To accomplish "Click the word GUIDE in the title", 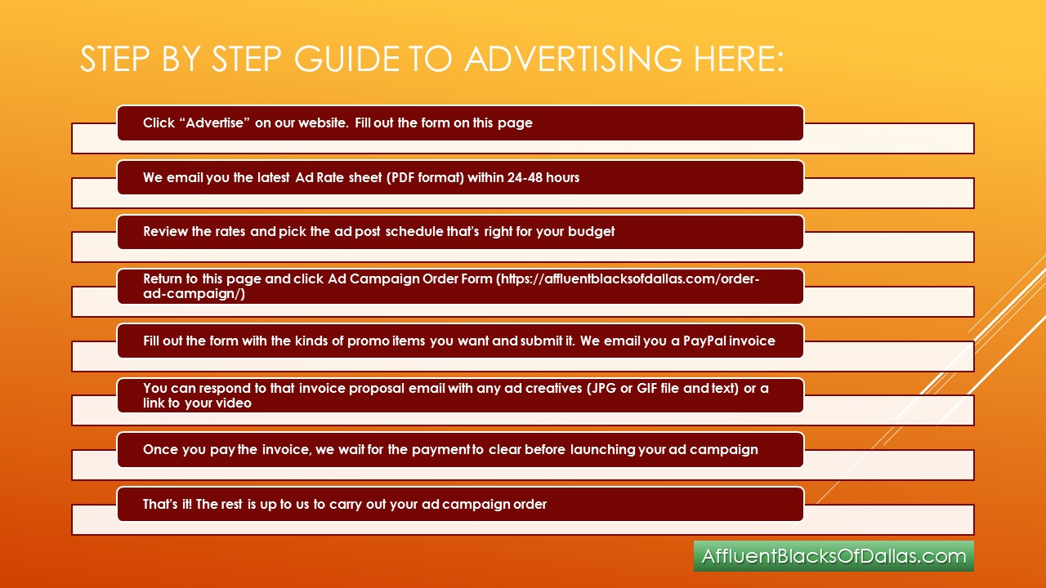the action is [x=346, y=59].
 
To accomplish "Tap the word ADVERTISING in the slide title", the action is [x=573, y=59].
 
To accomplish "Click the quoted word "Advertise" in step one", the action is [x=215, y=122].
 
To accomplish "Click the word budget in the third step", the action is [x=591, y=232].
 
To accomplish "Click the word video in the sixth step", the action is [x=235, y=403].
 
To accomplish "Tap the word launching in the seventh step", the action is [x=602, y=449].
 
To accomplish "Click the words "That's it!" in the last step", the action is [x=168, y=504].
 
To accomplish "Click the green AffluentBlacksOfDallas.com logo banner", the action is [x=834, y=556].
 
